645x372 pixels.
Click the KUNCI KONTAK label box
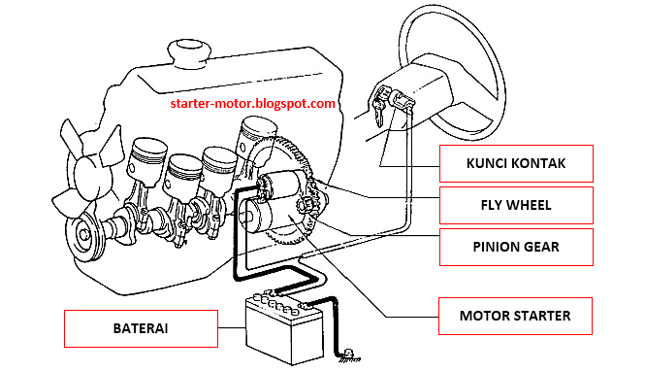[x=514, y=163]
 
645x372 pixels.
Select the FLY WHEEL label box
[x=514, y=206]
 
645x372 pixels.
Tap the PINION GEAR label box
[x=514, y=247]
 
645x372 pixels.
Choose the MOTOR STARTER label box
[x=514, y=315]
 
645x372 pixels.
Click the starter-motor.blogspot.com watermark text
[x=252, y=103]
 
